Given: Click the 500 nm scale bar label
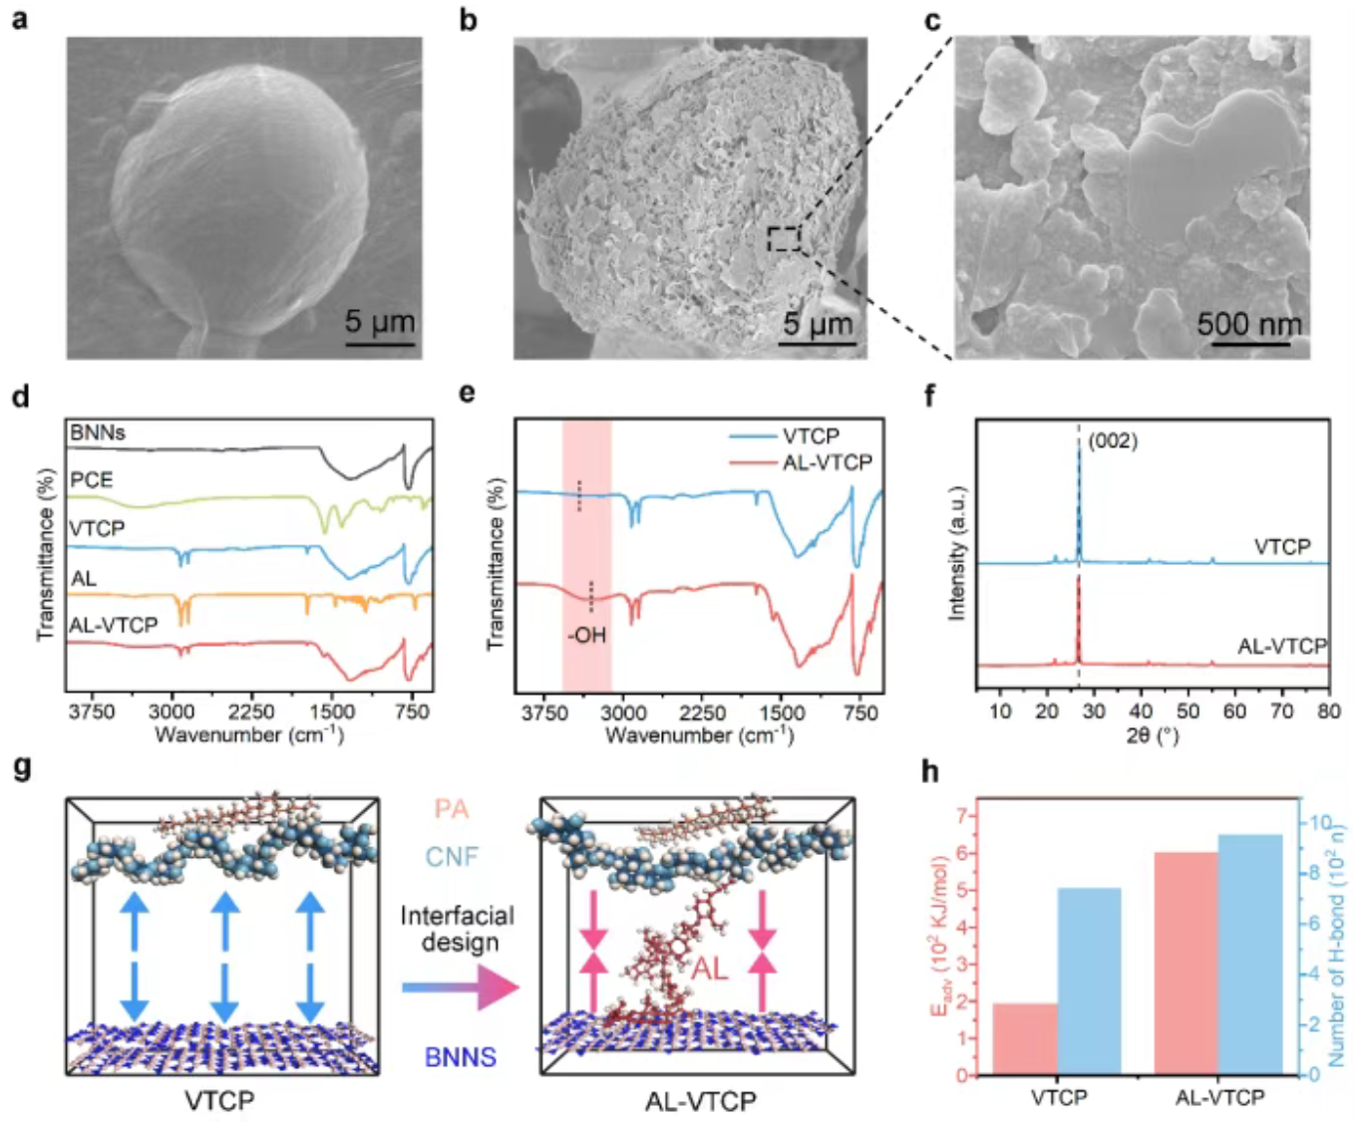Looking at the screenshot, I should point(1249,324).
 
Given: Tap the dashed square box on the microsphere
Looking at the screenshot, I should point(784,238).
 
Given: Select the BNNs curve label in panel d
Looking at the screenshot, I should point(98,433).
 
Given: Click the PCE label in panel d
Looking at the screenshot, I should point(91,479).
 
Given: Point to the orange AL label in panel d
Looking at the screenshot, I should point(84,578).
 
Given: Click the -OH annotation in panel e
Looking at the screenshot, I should point(586,635).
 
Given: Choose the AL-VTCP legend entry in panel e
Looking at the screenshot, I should point(827,462).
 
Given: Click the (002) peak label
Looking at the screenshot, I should point(1112,440).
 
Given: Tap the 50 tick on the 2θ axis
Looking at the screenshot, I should point(1188,710).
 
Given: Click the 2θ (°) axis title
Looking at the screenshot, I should point(1153,735).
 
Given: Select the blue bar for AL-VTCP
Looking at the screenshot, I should point(1250,954).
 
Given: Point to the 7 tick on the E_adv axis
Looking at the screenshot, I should point(961,816).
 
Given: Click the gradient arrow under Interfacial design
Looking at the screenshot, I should point(460,987).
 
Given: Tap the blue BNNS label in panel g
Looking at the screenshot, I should point(461,1056).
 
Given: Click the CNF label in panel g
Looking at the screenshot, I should point(452,856).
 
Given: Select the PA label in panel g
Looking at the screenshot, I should point(451,809).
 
